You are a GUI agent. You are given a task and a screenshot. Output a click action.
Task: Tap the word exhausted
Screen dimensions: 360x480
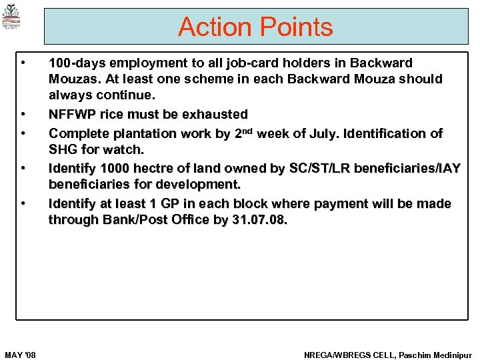tap(215, 114)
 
